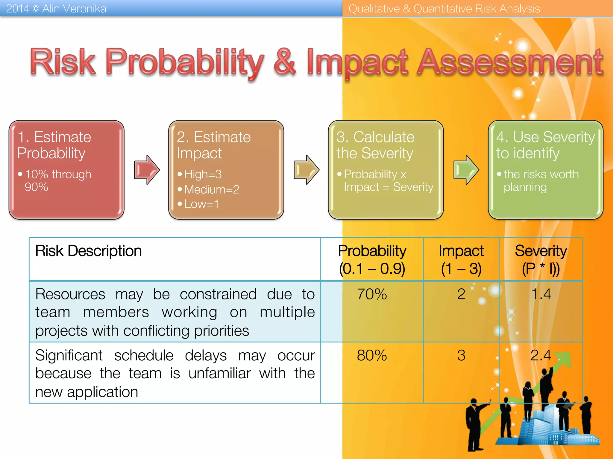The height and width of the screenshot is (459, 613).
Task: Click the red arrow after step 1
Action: tap(146, 170)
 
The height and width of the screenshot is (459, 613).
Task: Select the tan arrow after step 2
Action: tap(306, 170)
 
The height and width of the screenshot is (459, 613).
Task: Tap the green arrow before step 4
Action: tap(466, 170)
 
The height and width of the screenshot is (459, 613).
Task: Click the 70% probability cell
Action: tap(372, 294)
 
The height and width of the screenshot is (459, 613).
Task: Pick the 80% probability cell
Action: tap(372, 356)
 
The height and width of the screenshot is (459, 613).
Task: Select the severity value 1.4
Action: tap(541, 294)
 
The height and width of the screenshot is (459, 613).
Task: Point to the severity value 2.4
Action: tap(541, 356)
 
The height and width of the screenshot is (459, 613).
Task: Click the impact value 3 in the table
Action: tap(461, 356)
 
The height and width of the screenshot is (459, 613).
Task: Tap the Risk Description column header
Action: tap(88, 251)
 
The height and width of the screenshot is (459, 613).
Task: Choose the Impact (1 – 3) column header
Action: tap(461, 259)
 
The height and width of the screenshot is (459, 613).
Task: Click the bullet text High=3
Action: tap(203, 174)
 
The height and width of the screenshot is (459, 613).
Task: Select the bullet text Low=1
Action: tap(201, 204)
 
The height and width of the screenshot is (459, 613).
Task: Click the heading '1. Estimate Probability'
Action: tap(54, 145)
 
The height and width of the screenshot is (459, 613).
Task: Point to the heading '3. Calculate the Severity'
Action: tap(375, 145)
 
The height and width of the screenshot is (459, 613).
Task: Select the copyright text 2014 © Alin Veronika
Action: tap(56, 9)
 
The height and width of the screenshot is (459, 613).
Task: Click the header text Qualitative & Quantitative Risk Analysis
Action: tap(444, 9)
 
